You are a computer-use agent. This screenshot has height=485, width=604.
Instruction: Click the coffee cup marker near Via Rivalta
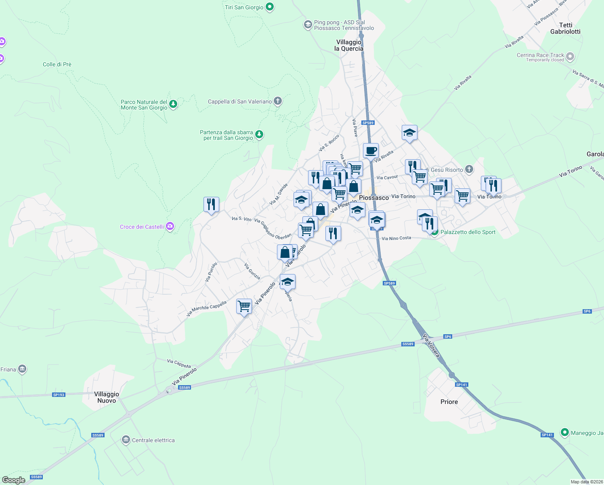click(x=371, y=151)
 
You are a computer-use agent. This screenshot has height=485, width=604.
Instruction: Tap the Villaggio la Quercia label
click(x=349, y=45)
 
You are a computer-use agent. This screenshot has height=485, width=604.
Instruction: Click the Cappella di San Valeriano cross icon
click(x=277, y=101)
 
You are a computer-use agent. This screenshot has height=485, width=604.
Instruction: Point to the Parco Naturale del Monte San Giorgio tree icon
click(x=173, y=104)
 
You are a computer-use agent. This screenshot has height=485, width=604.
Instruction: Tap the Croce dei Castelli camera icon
click(x=170, y=226)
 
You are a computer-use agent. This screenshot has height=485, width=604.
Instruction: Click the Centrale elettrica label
click(x=153, y=440)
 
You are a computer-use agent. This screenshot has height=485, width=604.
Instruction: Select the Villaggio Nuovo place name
click(x=107, y=397)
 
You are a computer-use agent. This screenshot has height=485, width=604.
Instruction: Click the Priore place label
click(x=449, y=402)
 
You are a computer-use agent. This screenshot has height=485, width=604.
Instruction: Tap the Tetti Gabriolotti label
click(x=565, y=28)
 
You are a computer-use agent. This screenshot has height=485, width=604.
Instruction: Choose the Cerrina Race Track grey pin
click(x=570, y=56)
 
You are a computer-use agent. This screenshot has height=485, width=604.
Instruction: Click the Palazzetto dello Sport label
click(x=468, y=232)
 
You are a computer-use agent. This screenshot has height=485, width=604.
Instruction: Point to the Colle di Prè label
click(x=57, y=64)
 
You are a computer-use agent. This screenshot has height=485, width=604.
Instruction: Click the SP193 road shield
click(x=59, y=394)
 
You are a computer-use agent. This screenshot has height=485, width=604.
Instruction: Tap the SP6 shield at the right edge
click(x=587, y=311)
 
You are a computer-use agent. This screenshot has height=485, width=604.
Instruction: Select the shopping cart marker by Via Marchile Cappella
click(x=244, y=306)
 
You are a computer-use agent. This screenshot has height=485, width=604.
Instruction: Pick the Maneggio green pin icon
click(x=565, y=432)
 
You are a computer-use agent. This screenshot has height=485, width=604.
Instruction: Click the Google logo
click(x=13, y=480)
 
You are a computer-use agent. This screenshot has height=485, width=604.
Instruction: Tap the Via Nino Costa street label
click(x=396, y=238)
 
